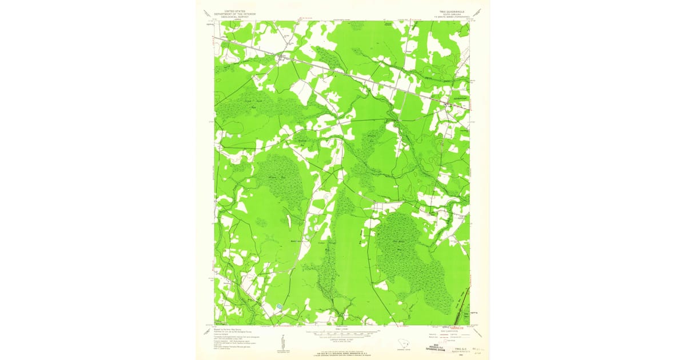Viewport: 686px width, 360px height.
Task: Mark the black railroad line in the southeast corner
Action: point(462,309)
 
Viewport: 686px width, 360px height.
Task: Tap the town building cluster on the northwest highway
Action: point(281,57)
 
